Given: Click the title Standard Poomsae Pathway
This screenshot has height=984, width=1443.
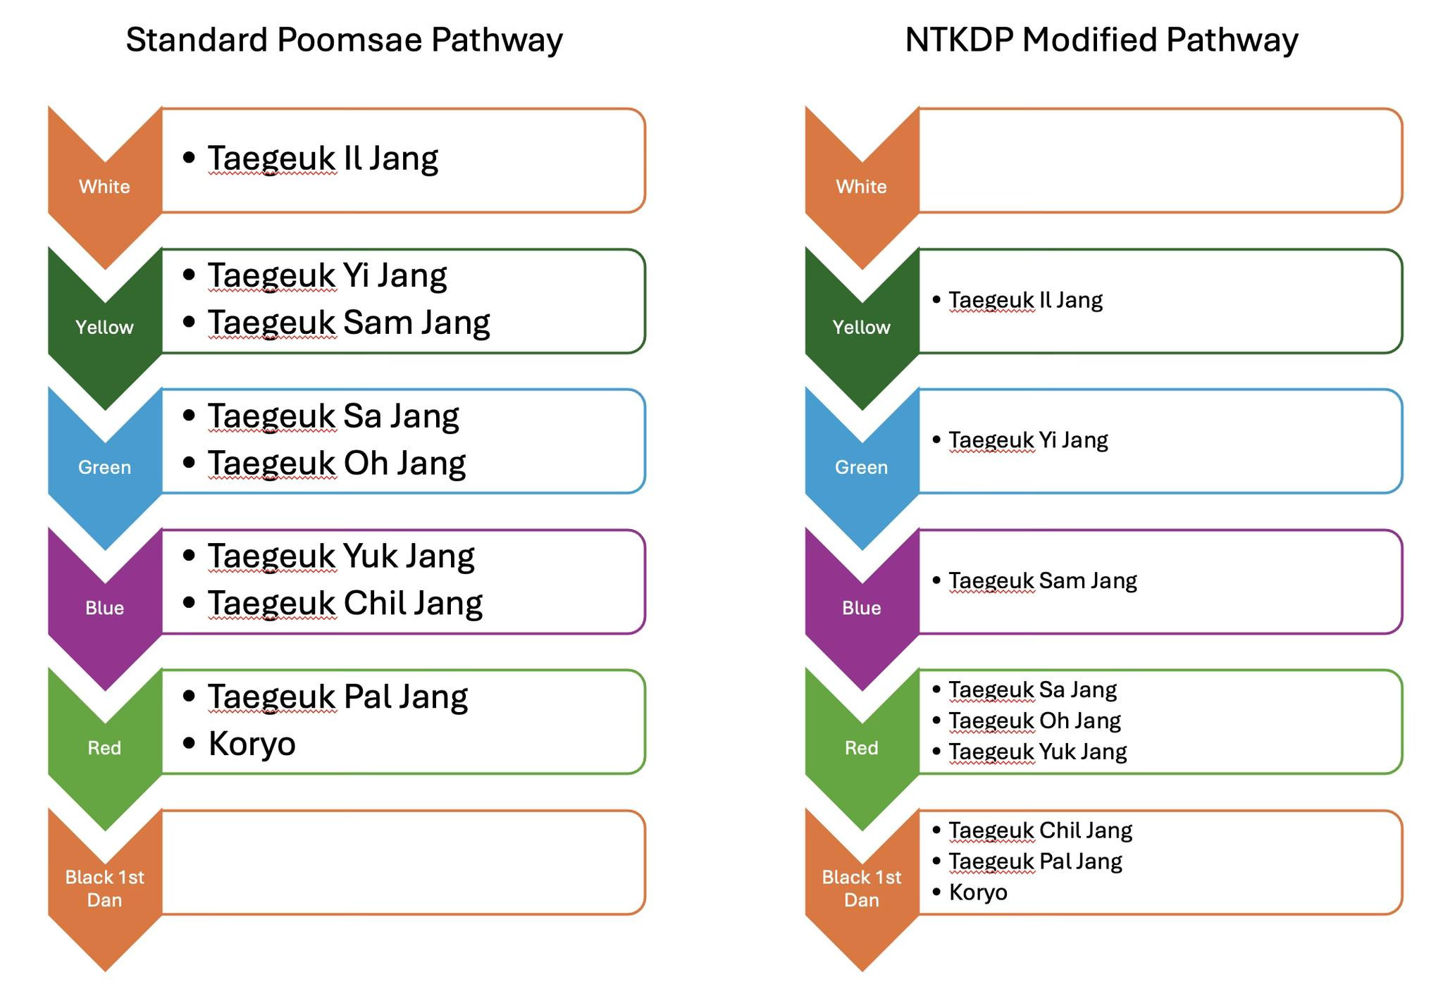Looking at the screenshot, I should point(344,40).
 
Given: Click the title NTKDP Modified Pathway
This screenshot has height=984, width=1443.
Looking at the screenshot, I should point(1101,40).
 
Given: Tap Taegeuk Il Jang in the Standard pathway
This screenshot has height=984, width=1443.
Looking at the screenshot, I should point(323,158).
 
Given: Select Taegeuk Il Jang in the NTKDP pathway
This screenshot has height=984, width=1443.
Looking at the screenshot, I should point(1025,300).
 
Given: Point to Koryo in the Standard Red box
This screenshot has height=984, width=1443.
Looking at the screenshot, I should point(252,744).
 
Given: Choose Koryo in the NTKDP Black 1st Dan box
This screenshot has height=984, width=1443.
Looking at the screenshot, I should point(978,892).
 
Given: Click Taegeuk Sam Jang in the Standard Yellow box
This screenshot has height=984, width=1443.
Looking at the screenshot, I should point(349,323).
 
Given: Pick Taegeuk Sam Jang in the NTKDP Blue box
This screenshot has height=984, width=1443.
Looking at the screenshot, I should point(1043,581).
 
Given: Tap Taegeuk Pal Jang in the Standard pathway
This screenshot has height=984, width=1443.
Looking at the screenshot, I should point(337,697).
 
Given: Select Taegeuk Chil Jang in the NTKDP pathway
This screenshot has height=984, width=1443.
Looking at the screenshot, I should point(1040,830).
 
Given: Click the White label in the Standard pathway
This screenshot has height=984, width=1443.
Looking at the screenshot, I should point(104,187).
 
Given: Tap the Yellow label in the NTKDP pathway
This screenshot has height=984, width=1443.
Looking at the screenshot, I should point(861,328).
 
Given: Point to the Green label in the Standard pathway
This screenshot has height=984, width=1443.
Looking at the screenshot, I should point(104,468).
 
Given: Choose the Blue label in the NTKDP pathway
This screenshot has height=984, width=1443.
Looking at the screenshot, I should point(861,608).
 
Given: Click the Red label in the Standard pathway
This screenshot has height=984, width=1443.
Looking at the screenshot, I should point(104,748).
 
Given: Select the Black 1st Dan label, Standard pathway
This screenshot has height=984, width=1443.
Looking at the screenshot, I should point(104,888).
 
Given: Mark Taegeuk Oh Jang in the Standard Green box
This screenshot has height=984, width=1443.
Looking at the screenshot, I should point(337,463).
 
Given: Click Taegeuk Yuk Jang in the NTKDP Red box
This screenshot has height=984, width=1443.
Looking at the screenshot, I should point(1037,752).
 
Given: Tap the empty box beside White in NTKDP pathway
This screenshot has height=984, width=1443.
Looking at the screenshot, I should point(1160,161).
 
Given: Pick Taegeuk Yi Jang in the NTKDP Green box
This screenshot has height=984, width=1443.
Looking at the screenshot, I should point(1028,440).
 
